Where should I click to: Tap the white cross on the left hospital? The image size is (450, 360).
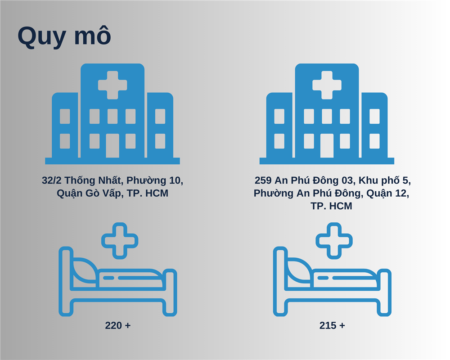[112, 85]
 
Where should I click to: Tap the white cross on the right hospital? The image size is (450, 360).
[327, 85]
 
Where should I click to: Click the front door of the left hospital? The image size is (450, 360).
[112, 146]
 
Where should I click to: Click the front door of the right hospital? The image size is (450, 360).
[327, 146]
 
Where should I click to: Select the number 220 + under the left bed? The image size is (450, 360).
[117, 325]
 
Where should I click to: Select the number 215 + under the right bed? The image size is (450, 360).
[332, 325]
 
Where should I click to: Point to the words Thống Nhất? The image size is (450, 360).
[94, 180]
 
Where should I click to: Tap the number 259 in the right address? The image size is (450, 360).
[263, 180]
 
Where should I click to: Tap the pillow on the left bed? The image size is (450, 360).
[85, 271]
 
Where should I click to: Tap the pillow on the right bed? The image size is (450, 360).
[299, 271]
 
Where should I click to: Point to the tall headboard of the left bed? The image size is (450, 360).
[66, 281]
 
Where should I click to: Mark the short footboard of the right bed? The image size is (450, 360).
[384, 292]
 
